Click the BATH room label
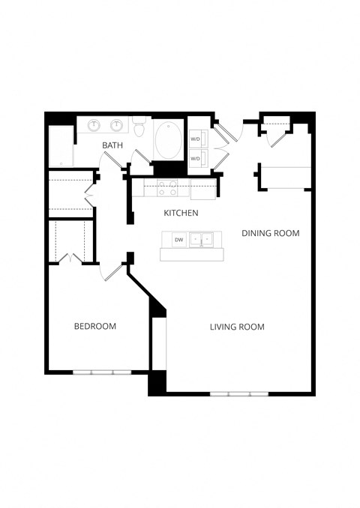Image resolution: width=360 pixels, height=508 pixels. pos(112,145)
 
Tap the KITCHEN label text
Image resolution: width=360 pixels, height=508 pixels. pos(181,214)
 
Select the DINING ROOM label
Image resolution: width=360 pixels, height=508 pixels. pos(270,233)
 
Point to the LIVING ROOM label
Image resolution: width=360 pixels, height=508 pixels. pos(237,327)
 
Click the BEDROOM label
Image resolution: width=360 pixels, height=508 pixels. pos(94,326)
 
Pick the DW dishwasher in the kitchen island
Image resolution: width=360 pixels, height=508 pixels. pos(178,240)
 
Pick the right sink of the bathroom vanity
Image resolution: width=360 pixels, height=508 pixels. pos(117,125)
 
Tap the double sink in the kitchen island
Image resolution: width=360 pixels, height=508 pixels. pos(200,240)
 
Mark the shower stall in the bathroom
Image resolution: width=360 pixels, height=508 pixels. pos(60,146)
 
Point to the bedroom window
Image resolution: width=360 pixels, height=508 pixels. pos(101,372)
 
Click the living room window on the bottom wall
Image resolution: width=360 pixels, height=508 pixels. pos(238,393)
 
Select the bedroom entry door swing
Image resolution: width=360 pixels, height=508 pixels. pos(113,272)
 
